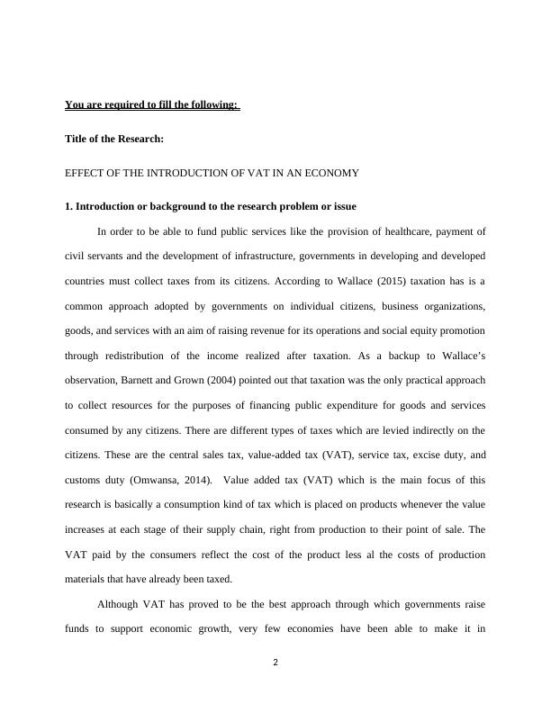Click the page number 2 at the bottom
tap(275, 663)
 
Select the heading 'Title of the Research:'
tap(114, 139)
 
